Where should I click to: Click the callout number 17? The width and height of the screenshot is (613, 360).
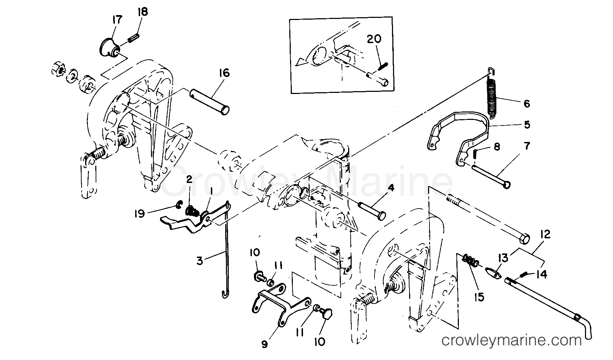pyautogui.click(x=117, y=20)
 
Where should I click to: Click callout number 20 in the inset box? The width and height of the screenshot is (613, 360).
pyautogui.click(x=374, y=39)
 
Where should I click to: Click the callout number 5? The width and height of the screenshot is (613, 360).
pyautogui.click(x=526, y=125)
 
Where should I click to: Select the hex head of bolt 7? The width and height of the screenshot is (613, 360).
pyautogui.click(x=506, y=185)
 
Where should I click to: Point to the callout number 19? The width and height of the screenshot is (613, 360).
pyautogui.click(x=139, y=213)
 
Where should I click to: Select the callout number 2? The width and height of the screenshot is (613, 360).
pyautogui.click(x=189, y=180)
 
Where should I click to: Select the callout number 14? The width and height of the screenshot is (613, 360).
pyautogui.click(x=541, y=274)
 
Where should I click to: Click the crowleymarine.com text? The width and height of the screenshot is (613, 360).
pyautogui.click(x=511, y=340)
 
